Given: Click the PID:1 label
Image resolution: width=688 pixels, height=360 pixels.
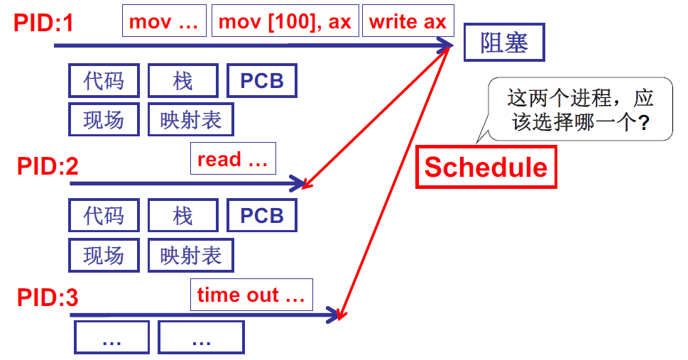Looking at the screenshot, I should tap(43, 23).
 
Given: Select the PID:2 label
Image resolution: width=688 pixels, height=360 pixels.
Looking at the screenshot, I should tap(48, 167).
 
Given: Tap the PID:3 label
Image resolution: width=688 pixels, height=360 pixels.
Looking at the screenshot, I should tap(48, 298).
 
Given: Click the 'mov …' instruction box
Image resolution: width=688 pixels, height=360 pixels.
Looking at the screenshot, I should tap(164, 21).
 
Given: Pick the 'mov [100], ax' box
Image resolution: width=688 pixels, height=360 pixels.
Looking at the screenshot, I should tap(285, 21).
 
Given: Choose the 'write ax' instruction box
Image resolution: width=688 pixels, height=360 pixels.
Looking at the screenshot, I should tap(408, 21).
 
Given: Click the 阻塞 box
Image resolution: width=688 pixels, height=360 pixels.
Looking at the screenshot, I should tap(505, 43).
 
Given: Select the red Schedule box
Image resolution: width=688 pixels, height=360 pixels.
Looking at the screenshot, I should tap(486, 168).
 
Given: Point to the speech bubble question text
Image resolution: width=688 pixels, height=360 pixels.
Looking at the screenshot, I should tap(581, 110).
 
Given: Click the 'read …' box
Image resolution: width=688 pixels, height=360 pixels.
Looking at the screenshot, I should tap(232, 159).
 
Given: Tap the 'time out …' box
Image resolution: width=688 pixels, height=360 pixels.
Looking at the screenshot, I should tap(251, 295).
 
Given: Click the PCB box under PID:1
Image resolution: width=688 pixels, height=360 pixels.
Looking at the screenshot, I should tap(261, 81).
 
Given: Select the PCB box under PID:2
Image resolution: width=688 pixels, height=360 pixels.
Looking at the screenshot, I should tap(261, 215).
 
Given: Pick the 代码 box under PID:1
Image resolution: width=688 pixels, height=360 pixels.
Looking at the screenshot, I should tap(104, 81).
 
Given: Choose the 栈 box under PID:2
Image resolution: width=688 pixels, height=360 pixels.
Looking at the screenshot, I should tap(183, 215).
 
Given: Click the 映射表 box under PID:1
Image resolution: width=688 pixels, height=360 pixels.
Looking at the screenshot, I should tap(190, 119).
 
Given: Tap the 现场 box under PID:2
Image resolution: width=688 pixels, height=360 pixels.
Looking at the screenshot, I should tap(104, 255).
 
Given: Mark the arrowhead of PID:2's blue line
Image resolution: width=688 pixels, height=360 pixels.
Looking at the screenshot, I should tap(299, 184).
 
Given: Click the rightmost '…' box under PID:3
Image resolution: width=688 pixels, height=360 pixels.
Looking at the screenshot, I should tap(201, 337).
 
